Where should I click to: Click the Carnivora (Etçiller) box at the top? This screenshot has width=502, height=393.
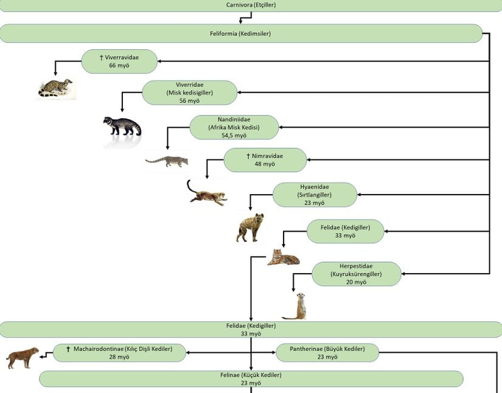251,5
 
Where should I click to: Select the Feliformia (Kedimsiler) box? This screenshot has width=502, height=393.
242,33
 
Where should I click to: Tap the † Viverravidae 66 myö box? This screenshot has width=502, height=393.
120,61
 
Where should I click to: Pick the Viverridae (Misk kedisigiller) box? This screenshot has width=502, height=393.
189,92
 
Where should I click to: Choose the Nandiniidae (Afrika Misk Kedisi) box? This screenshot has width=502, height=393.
234,128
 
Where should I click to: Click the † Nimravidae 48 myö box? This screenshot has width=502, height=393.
265,160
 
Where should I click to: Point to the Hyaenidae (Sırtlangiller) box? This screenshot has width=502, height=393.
315,195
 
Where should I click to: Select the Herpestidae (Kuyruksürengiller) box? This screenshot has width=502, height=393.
356,274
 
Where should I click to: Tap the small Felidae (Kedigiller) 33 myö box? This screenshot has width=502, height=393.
345,231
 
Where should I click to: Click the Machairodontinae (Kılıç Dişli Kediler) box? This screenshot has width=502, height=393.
119,353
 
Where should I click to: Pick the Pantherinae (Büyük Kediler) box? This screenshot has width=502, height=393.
327,353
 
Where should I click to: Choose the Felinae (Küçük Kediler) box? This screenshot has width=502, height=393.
251,379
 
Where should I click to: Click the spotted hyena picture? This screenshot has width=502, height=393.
250,228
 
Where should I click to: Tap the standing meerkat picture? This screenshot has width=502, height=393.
297,305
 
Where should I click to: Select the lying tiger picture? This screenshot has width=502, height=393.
284,258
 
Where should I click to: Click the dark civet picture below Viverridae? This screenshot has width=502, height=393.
122,126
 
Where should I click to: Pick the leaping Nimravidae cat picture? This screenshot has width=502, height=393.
207,193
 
